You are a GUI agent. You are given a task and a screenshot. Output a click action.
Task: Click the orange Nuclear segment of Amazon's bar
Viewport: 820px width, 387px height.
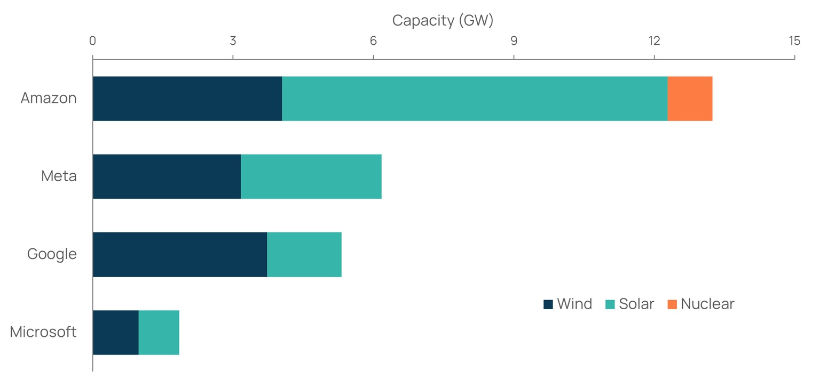(x=690, y=99)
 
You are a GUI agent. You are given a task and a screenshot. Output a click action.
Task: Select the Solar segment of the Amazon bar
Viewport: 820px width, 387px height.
(x=475, y=99)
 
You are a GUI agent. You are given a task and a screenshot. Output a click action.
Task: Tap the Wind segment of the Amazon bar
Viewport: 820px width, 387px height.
(x=187, y=99)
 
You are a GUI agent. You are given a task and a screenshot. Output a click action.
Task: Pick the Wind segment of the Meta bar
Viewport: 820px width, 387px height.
(x=167, y=176)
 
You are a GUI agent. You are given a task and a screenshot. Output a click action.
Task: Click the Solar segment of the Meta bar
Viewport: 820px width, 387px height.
(x=311, y=176)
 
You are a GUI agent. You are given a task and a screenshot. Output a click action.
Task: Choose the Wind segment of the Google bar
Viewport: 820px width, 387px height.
(x=180, y=254)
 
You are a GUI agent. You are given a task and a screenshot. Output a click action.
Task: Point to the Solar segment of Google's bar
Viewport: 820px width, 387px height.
(x=304, y=254)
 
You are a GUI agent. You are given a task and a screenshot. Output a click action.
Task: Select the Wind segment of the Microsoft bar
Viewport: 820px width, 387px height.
(x=116, y=332)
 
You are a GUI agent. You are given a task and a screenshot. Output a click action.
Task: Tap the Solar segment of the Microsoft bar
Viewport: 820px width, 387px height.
(x=159, y=332)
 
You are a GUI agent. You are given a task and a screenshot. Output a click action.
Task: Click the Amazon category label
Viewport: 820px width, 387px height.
(x=49, y=98)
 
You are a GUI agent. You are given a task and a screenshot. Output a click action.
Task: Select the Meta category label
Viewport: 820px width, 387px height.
(x=59, y=176)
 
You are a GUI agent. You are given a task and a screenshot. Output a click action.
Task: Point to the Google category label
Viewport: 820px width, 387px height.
(x=52, y=254)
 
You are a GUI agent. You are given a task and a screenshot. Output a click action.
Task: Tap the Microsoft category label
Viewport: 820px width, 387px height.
(x=43, y=332)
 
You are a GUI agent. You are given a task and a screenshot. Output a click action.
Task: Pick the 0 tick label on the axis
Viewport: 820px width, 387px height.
(x=93, y=41)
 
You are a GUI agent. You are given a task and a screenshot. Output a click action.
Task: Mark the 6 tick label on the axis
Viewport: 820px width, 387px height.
(x=373, y=41)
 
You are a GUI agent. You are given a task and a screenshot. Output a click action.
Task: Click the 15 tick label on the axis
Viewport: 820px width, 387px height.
(x=794, y=41)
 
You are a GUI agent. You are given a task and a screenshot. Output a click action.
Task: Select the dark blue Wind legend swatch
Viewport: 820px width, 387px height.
(x=548, y=304)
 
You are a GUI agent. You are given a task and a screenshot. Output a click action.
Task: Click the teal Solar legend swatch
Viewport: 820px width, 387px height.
(x=610, y=304)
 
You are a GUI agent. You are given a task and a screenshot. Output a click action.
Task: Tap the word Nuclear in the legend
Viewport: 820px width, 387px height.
(x=707, y=304)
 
